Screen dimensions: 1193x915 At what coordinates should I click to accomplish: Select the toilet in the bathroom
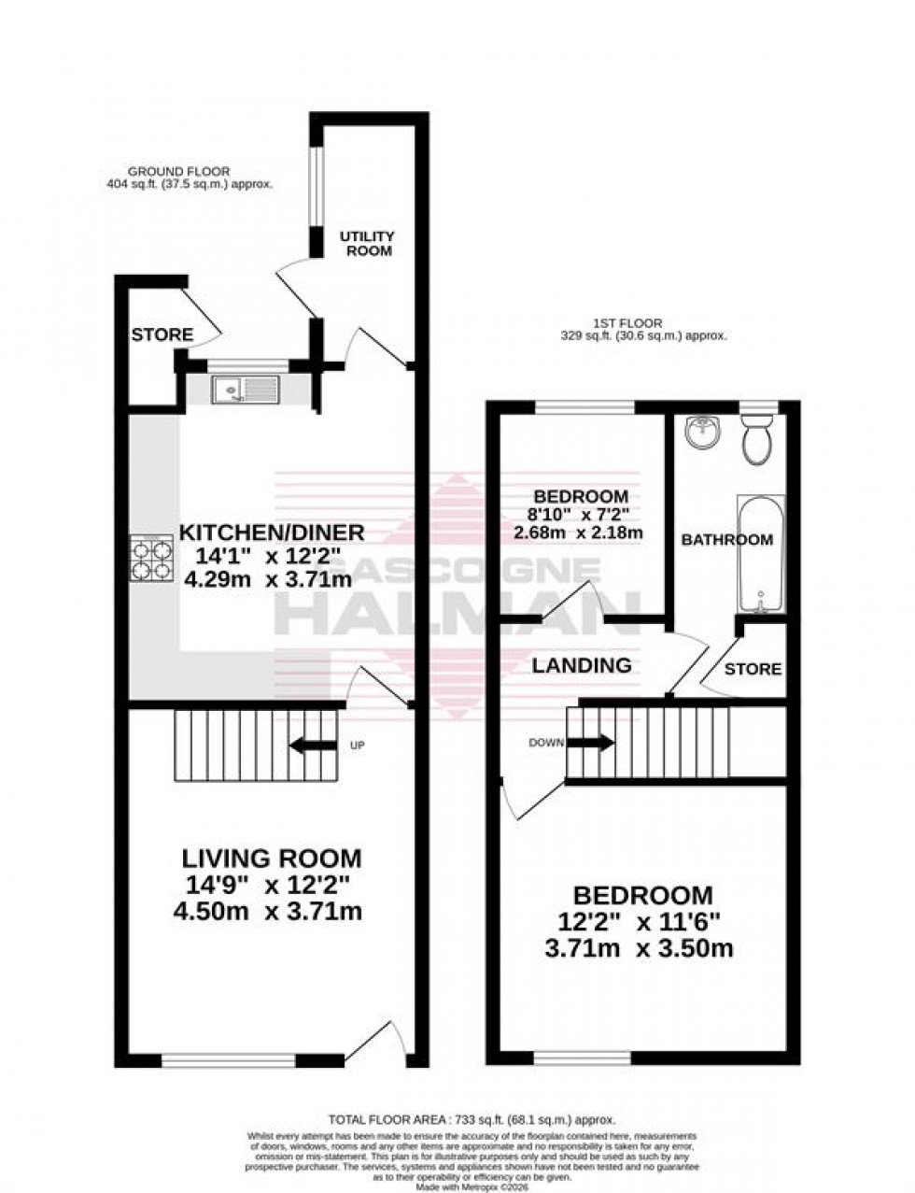(757, 440)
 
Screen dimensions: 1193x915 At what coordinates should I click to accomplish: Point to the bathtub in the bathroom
(761, 554)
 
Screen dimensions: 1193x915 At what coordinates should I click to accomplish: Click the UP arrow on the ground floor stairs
(314, 746)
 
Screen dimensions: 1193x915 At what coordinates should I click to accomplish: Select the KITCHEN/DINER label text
(271, 533)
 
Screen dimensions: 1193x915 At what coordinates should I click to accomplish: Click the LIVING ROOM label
(271, 858)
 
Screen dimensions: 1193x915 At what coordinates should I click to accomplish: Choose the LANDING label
(582, 666)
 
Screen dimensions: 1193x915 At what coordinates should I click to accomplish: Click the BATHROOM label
(726, 540)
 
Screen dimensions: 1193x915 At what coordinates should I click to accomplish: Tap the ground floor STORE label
(162, 334)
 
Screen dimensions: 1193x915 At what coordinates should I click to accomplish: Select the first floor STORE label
(753, 669)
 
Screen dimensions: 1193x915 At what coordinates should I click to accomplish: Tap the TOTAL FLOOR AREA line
(470, 1119)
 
